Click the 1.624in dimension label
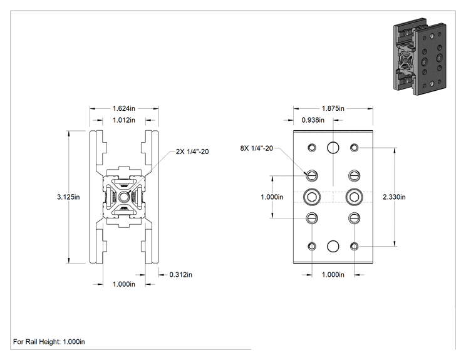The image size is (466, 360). pos(123,108)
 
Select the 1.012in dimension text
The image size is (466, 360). pos(123,120)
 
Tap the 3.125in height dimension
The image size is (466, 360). pos(68,197)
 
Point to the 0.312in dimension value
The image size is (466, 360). pos(180,274)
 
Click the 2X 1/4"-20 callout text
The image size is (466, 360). pos(192,152)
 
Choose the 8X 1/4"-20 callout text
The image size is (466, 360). pos(256,148)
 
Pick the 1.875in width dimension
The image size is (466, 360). pos(333,108)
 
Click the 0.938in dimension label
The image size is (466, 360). pos(313,120)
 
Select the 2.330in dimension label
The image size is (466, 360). pos(394,197)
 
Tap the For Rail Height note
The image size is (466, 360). pos(49,342)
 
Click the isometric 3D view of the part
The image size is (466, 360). pos(420,56)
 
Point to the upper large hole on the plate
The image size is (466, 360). pos(333,147)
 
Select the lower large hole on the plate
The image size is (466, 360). pos(333,246)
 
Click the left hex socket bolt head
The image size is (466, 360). pos(312,197)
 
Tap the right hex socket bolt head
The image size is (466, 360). pos(355,197)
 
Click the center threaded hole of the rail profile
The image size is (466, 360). pos(123,197)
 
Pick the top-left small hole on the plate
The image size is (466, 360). pos(312,147)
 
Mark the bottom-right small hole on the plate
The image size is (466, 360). pos(355,246)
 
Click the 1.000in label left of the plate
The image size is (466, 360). pos(272,197)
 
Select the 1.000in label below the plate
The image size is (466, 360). pos(333,274)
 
